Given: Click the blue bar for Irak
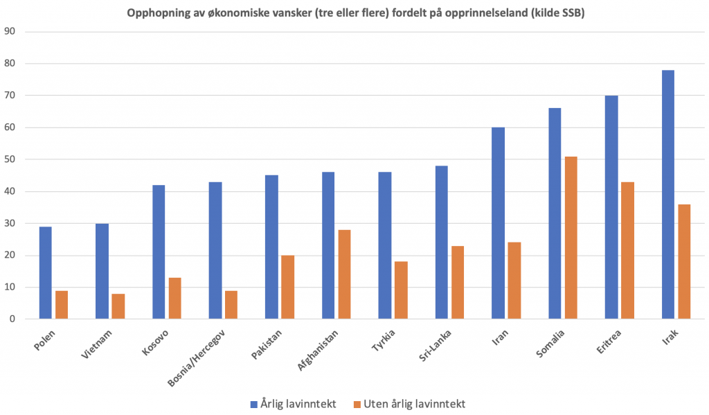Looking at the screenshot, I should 667,195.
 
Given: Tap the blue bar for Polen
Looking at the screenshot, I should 45,273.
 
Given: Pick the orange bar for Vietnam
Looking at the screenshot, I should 118,306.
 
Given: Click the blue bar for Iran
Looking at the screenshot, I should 498,223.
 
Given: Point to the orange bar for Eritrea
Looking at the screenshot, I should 627,250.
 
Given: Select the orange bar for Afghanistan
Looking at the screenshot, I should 344,274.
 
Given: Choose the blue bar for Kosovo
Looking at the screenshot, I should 159,252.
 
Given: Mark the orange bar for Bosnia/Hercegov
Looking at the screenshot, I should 231,305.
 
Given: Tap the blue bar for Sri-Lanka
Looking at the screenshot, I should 442,242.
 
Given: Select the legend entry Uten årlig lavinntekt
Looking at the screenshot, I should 409,403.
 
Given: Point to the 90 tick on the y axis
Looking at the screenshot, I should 10,32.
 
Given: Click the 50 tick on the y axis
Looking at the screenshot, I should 10,159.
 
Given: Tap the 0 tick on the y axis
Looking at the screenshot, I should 12,319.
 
